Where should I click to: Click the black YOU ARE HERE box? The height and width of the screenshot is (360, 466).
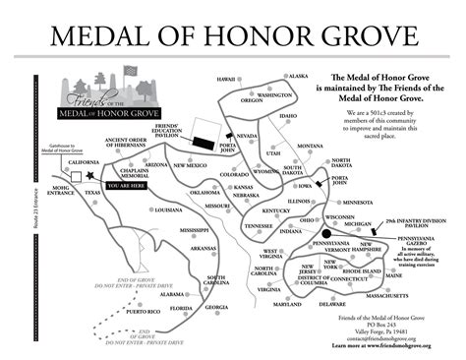click(x=127, y=185)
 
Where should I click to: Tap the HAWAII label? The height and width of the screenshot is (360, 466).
click(x=228, y=79)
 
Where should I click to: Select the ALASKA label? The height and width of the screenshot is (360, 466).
click(x=297, y=76)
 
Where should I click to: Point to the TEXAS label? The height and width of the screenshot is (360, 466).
click(x=92, y=192)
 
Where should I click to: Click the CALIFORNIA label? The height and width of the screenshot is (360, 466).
click(x=84, y=162)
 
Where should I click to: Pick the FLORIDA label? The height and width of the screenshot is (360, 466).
click(x=180, y=309)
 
